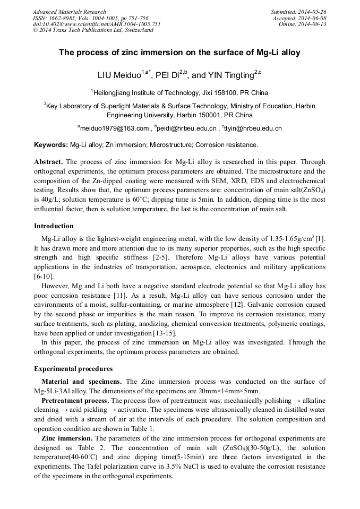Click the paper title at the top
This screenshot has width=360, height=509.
(179, 53)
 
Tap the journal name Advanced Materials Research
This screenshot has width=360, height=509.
(70, 12)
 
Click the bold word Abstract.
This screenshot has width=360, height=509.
(49, 161)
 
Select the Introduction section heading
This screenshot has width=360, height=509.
(54, 226)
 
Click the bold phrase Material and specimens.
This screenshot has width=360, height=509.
(82, 382)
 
